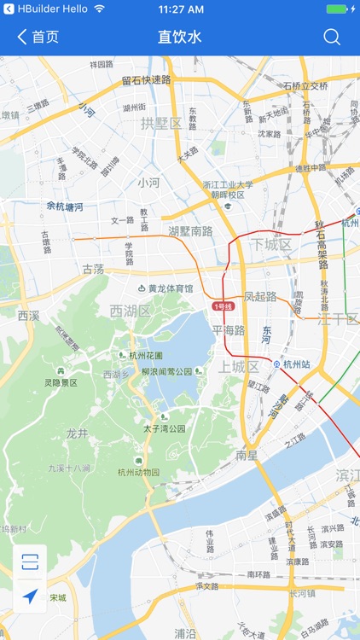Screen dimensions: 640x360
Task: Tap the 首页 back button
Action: coord(38,38)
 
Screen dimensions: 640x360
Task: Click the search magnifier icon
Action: coord(332,38)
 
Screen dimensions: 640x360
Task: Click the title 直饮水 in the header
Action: coord(180,38)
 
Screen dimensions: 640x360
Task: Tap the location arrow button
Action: coord(31,596)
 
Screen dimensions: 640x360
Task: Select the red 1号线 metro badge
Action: coord(224,306)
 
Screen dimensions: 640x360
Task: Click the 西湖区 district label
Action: coord(131,311)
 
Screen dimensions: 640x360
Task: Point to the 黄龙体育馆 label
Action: coord(165,288)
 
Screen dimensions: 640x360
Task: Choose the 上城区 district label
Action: coord(239,367)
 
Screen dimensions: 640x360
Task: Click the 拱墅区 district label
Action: coord(161,124)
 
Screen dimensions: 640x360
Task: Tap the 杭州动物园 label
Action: coord(138,472)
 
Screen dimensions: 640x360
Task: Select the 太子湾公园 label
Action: coord(164,428)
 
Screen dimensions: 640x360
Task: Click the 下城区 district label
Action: coord(272,245)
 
